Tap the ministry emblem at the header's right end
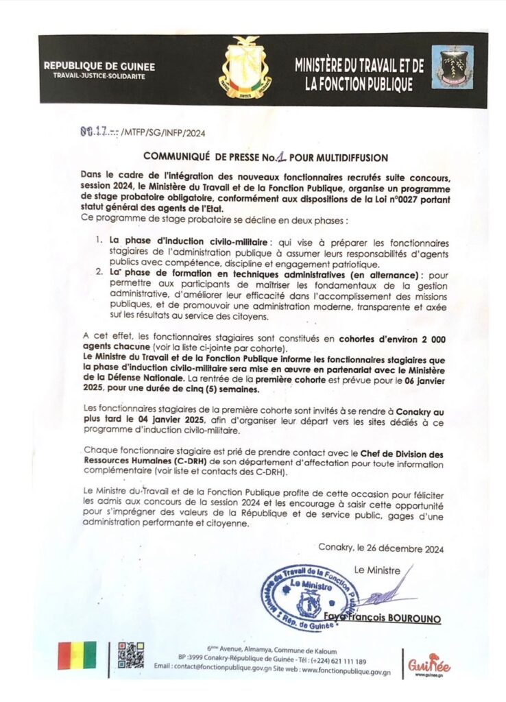click(452, 67)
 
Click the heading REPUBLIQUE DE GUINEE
click(99, 66)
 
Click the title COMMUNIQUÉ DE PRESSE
click(203, 157)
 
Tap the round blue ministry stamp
click(311, 597)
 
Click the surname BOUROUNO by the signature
click(411, 618)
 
